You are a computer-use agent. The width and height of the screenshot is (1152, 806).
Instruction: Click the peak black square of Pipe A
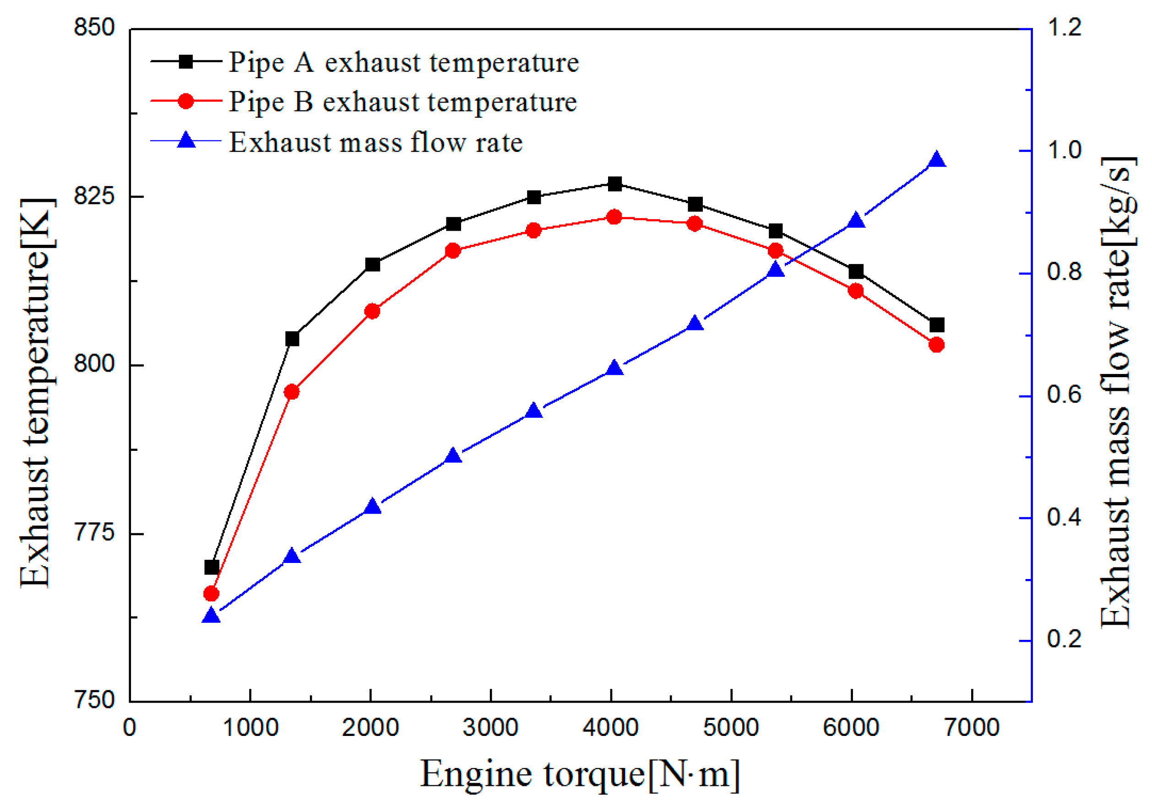pos(614,184)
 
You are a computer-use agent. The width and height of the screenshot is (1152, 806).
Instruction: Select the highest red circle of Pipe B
pos(614,217)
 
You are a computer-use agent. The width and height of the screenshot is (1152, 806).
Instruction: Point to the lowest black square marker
pos(212,567)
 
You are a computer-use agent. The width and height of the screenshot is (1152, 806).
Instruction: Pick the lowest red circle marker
pos(211,594)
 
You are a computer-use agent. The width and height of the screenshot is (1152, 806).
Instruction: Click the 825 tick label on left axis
pos(94,195)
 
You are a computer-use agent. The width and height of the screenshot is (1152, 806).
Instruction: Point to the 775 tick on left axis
pos(94,533)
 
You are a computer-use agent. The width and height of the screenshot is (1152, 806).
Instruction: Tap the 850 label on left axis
pos(94,27)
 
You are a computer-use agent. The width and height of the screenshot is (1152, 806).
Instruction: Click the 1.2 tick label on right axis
pos(1064,27)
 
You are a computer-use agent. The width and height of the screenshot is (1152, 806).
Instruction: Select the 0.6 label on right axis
pos(1064,395)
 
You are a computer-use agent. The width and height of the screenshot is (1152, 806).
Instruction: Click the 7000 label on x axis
pos(972,727)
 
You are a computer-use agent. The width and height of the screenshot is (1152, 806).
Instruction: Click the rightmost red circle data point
pos(936,345)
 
